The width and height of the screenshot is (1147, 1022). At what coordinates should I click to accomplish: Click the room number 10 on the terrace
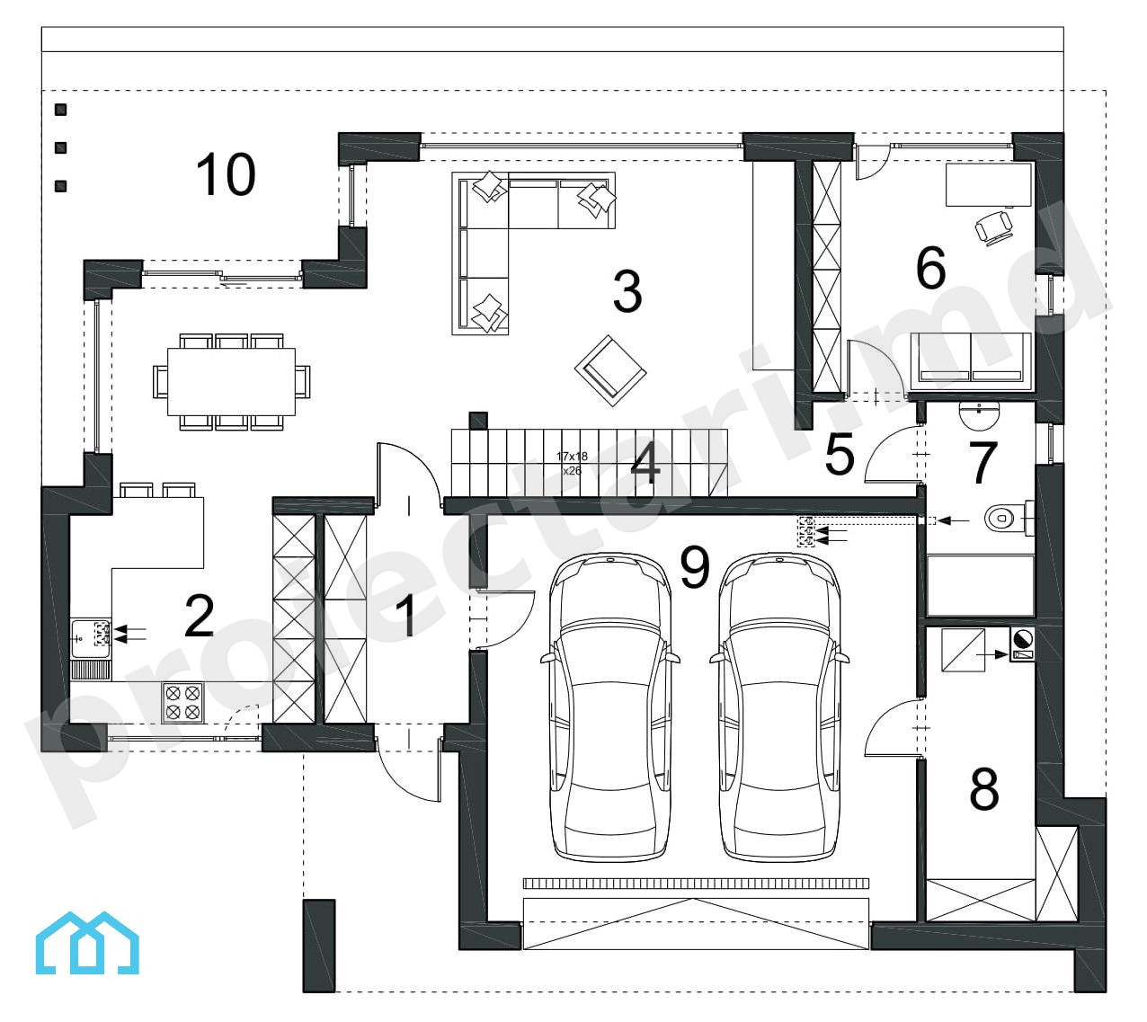pyautogui.click(x=226, y=174)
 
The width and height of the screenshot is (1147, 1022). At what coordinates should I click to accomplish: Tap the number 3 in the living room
pyautogui.click(x=627, y=291)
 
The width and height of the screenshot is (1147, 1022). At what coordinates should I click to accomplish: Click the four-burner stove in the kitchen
pyautogui.click(x=182, y=703)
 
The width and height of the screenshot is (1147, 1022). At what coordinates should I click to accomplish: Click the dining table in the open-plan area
pyautogui.click(x=231, y=382)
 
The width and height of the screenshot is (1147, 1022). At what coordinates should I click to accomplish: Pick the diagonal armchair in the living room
pyautogui.click(x=610, y=371)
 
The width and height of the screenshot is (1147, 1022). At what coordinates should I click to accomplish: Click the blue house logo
pyautogui.click(x=87, y=943)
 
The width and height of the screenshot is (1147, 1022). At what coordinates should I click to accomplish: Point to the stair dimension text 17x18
pyautogui.click(x=572, y=456)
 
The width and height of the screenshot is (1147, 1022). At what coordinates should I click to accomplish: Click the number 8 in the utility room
pyautogui.click(x=984, y=788)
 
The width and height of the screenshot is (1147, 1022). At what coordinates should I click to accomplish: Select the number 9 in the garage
pyautogui.click(x=695, y=568)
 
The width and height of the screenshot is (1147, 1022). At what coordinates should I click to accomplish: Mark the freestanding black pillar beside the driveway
pyautogui.click(x=319, y=946)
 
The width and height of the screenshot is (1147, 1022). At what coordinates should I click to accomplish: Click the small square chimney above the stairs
pyautogui.click(x=478, y=421)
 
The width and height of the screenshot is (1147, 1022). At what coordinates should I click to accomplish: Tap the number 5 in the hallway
pyautogui.click(x=839, y=454)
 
